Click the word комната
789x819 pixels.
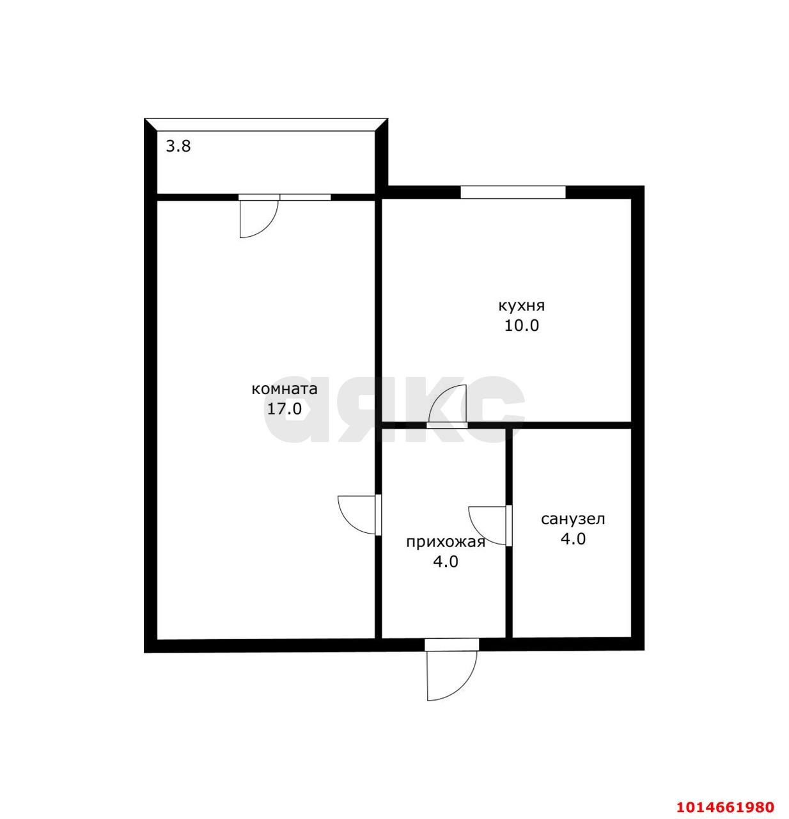285,389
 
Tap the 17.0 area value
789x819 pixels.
285,409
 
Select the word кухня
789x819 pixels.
522,306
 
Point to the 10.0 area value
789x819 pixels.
522,326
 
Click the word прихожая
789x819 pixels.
446,543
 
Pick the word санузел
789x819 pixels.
573,520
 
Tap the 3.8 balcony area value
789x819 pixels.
178,146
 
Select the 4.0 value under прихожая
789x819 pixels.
446,562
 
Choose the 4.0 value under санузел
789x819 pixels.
573,539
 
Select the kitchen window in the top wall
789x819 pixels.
513,192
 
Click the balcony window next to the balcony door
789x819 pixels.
306,197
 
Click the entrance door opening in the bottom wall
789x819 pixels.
451,644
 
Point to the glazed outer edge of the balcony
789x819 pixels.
266,125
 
